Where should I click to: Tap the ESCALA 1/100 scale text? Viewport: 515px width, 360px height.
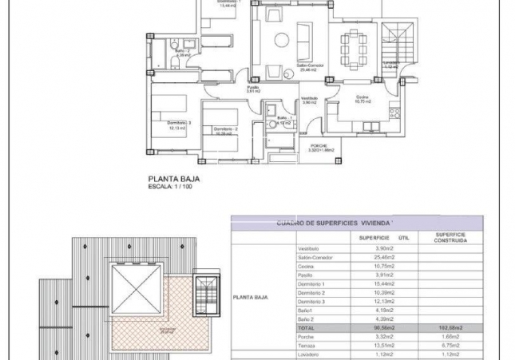tap(171, 188)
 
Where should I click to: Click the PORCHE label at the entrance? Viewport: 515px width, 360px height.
tap(319, 146)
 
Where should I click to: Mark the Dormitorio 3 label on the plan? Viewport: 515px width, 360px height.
tap(179, 125)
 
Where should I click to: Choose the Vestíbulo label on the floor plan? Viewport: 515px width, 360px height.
tap(310, 100)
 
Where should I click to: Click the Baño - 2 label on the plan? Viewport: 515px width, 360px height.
tap(182, 53)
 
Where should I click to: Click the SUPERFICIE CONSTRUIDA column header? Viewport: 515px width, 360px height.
tap(446, 237)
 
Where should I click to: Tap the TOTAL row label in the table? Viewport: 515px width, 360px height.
tap(307, 327)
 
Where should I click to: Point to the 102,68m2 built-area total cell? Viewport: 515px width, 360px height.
tap(446, 327)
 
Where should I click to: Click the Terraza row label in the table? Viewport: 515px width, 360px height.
tap(307, 345)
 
